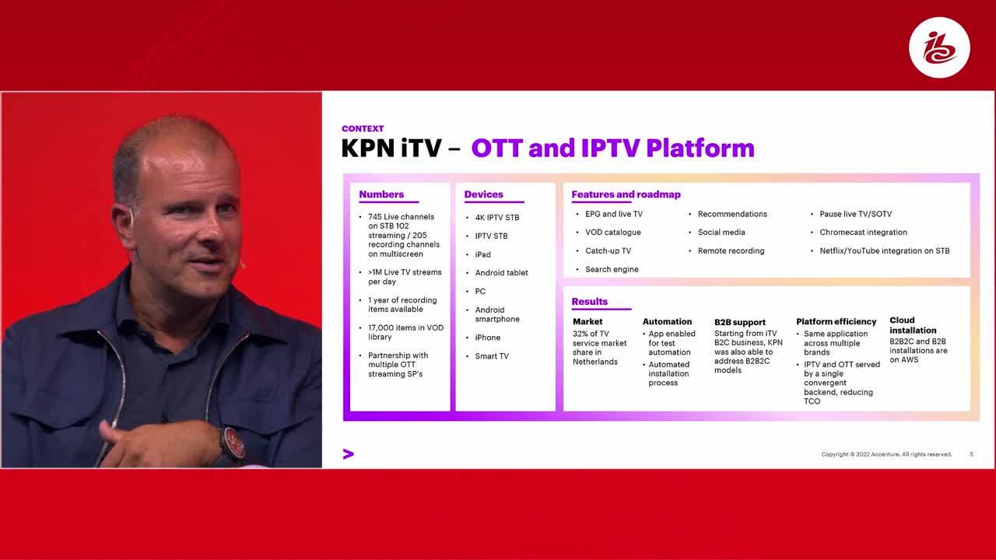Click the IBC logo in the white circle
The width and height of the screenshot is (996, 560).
click(x=939, y=47)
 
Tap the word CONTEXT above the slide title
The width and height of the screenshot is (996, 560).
click(x=363, y=128)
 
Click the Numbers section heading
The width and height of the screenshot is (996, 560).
click(x=381, y=194)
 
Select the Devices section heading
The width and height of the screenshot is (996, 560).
click(x=483, y=194)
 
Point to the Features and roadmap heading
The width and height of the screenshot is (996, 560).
click(x=626, y=194)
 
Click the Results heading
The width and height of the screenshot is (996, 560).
click(x=589, y=301)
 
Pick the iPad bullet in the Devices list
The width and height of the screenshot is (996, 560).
click(x=482, y=254)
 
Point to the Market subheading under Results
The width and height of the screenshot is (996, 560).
click(x=587, y=321)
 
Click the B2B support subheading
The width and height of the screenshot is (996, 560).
click(x=740, y=322)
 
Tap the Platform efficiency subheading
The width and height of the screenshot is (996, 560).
click(x=836, y=321)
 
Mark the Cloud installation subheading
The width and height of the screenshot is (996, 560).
click(x=913, y=325)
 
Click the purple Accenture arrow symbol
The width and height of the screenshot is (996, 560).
click(x=349, y=453)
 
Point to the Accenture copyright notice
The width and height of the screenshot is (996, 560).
click(x=886, y=454)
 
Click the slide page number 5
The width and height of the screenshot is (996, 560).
click(x=972, y=454)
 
